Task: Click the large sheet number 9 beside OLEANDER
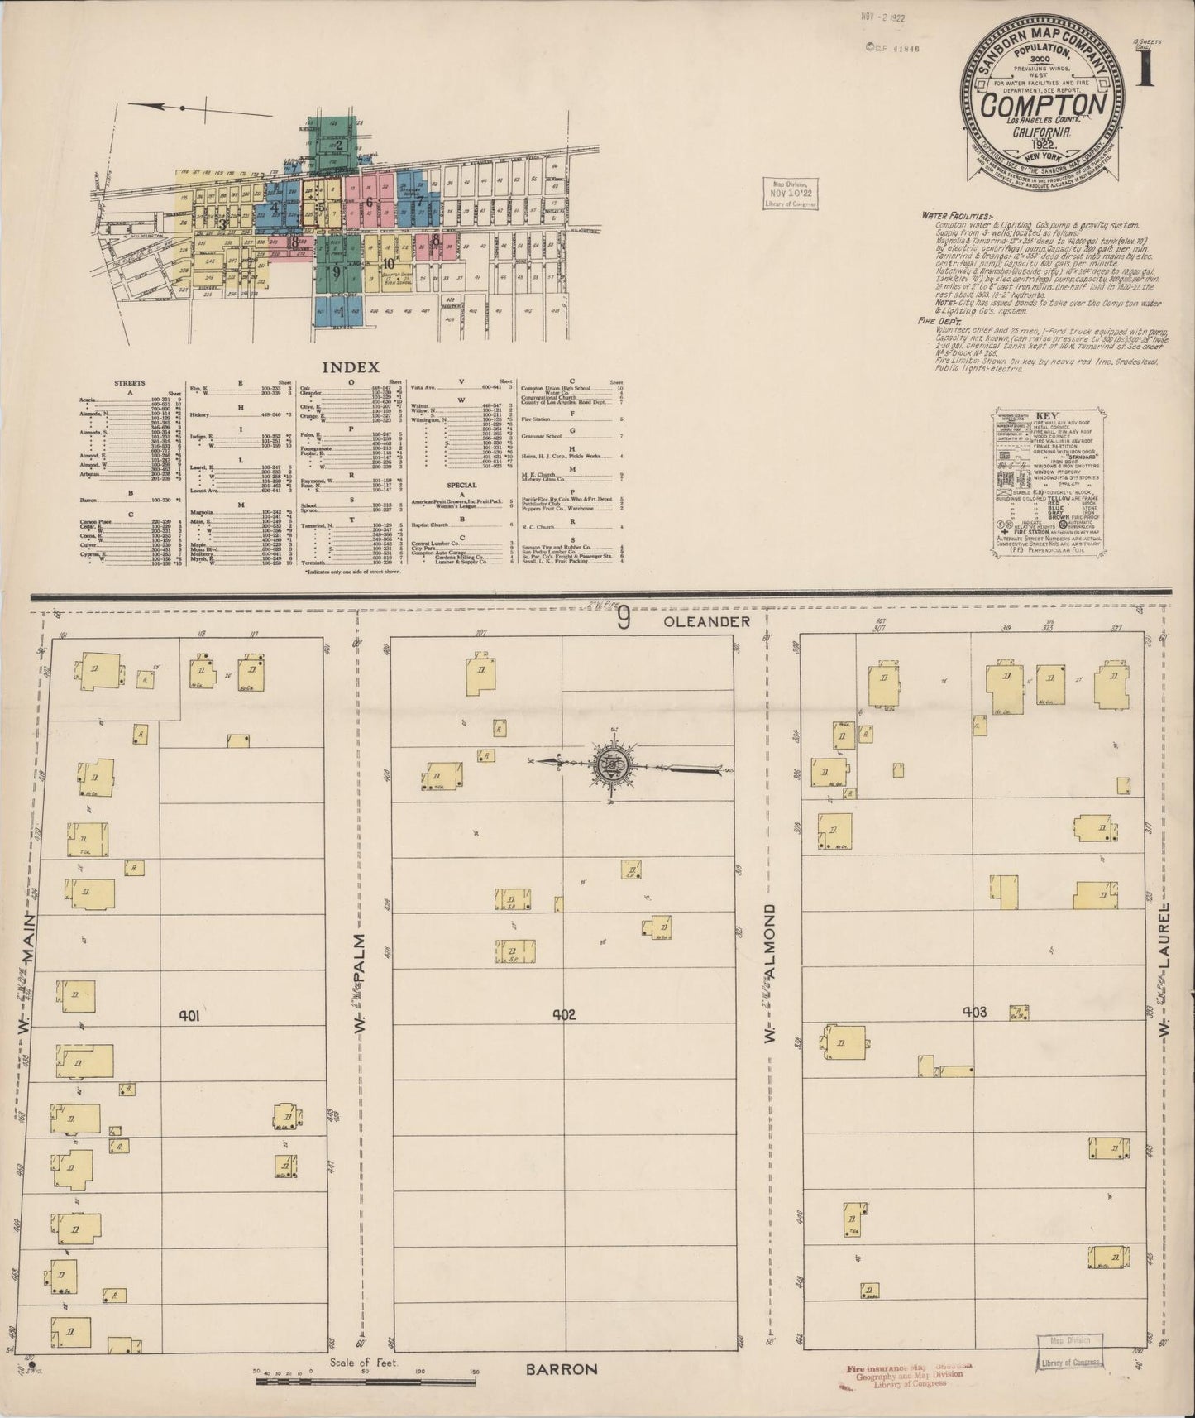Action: [624, 620]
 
